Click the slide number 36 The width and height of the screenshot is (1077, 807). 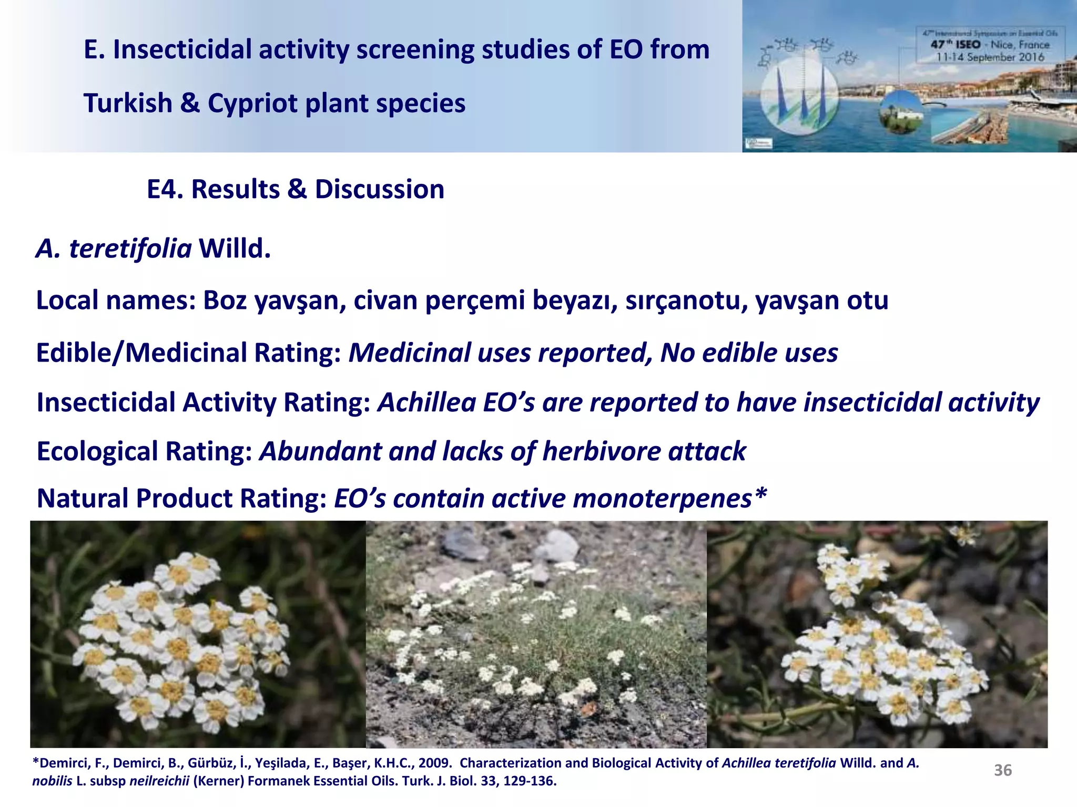tap(1002, 770)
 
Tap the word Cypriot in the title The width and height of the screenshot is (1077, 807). tap(252, 103)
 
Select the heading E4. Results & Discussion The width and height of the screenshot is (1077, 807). tap(295, 189)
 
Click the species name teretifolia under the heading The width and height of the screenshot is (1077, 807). tap(130, 249)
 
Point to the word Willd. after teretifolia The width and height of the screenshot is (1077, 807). tap(235, 249)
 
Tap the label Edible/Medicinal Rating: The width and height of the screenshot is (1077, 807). tap(188, 353)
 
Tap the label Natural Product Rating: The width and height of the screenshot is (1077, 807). tap(181, 498)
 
